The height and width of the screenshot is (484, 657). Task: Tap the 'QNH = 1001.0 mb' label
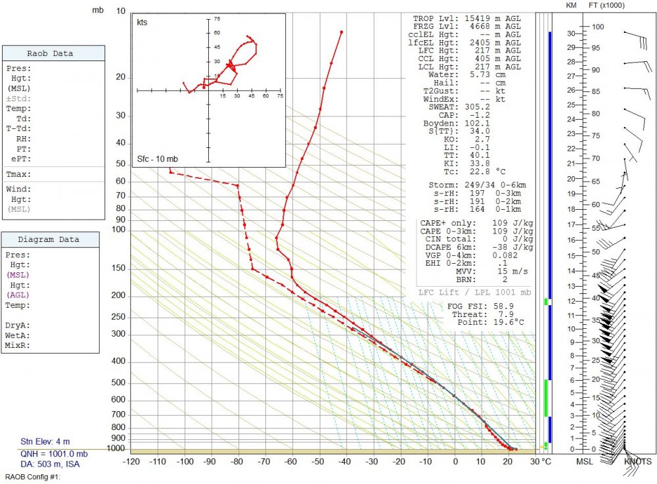click(x=53, y=454)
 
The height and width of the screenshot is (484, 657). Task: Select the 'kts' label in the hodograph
click(x=142, y=22)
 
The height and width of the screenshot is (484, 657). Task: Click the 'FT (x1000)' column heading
click(x=606, y=5)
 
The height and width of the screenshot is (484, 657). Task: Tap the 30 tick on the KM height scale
click(x=571, y=34)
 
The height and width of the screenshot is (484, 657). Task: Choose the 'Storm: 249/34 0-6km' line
click(x=476, y=185)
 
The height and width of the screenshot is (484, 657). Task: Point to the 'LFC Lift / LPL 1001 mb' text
click(x=474, y=292)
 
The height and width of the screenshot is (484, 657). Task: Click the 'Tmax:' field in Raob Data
click(x=20, y=174)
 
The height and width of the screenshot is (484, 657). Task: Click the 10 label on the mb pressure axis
click(x=121, y=11)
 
